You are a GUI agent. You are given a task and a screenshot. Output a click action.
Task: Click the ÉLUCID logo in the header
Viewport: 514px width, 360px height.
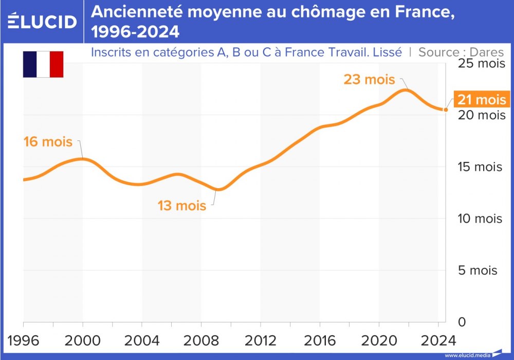pyautogui.click(x=42, y=21)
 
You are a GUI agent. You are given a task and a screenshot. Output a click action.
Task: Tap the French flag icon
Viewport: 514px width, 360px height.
pyautogui.click(x=43, y=64)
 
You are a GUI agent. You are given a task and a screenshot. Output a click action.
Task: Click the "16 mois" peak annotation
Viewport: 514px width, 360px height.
pyautogui.click(x=48, y=141)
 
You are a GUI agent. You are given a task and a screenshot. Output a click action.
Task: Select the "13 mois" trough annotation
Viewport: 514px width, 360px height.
pyautogui.click(x=181, y=206)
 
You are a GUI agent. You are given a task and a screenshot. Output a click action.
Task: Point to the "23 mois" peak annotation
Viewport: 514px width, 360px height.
pyautogui.click(x=369, y=80)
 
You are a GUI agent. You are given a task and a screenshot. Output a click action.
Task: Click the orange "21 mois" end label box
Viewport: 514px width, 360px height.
pyautogui.click(x=482, y=100)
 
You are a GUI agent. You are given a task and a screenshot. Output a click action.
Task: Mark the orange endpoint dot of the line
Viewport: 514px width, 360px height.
pyautogui.click(x=446, y=110)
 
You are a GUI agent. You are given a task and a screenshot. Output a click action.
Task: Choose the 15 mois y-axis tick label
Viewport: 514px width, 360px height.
pyautogui.click(x=480, y=167)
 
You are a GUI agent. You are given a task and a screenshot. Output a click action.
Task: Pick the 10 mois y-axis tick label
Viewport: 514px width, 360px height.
pyautogui.click(x=480, y=219)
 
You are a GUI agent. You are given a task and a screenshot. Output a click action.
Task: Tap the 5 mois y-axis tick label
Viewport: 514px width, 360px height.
pyautogui.click(x=478, y=270)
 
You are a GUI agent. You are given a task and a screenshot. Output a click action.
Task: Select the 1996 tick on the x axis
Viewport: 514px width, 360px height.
pyautogui.click(x=24, y=341)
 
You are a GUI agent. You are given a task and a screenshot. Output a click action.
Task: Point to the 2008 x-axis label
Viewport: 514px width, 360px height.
pyautogui.click(x=201, y=341)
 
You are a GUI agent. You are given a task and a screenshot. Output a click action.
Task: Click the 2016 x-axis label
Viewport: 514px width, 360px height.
pyautogui.click(x=319, y=341)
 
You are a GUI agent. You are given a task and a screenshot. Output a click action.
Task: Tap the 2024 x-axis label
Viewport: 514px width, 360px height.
pyautogui.click(x=438, y=341)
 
